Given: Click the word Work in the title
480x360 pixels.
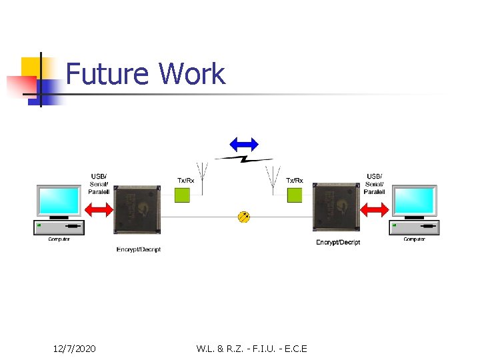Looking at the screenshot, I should click(x=192, y=74).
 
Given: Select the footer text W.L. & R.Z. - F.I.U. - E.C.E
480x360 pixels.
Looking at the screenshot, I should click(x=252, y=348).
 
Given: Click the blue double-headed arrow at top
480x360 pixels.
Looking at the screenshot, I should click(x=243, y=143).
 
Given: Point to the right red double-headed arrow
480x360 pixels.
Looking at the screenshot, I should click(x=374, y=209).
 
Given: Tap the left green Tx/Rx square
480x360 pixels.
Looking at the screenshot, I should click(x=182, y=195).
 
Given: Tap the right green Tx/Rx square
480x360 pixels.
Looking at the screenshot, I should click(x=294, y=195).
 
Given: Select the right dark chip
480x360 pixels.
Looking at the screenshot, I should click(x=335, y=208).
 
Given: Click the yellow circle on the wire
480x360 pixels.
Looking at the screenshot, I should click(x=244, y=217).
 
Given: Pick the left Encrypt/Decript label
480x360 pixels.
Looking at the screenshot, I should click(x=138, y=249).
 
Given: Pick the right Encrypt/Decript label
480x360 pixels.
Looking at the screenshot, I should click(x=338, y=242).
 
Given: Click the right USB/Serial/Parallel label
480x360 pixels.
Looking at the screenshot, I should click(x=375, y=184).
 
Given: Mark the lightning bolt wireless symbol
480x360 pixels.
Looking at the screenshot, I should click(x=243, y=159).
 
